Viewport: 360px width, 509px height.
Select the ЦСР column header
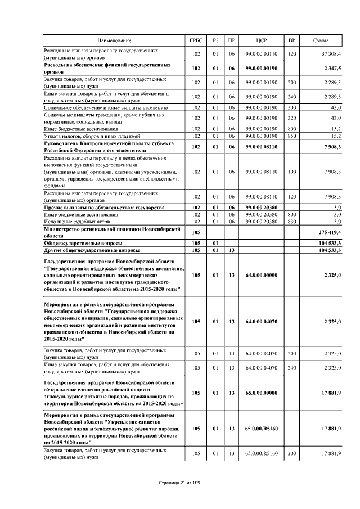tap(262, 41)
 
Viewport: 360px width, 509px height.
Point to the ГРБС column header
tap(196, 41)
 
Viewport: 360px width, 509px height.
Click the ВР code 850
tap(291, 136)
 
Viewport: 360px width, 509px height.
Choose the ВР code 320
tap(291, 118)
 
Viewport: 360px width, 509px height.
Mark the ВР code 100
tap(291, 172)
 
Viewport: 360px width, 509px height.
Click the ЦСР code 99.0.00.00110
tap(262, 54)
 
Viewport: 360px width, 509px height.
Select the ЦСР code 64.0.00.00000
tap(262, 276)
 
